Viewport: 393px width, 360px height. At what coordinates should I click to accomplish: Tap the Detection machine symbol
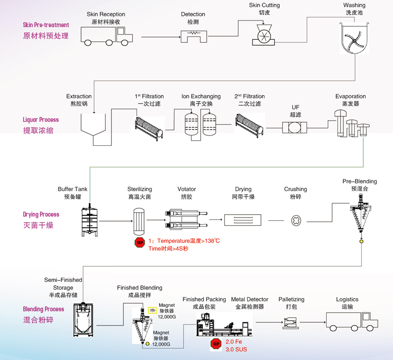[194, 35]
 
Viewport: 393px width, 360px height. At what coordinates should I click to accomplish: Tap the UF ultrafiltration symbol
[295, 128]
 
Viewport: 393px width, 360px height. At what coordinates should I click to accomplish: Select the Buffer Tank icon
[90, 221]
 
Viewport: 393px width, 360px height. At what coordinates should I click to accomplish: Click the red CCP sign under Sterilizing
[140, 243]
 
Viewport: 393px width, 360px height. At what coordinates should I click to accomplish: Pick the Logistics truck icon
[352, 321]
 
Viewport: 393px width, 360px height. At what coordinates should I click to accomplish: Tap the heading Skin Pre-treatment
[46, 25]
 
